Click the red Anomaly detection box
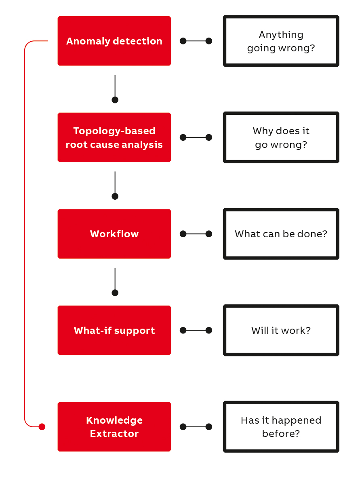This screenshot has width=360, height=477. [114, 41]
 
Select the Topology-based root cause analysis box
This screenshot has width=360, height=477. [114, 137]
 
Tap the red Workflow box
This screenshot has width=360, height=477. [114, 234]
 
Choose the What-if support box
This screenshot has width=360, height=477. [114, 330]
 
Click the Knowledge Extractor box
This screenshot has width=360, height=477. [114, 426]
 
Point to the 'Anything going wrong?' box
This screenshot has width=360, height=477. [281, 41]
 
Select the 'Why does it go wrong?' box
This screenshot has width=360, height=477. [281, 137]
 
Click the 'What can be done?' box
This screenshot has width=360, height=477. [281, 234]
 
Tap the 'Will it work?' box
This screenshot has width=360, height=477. [281, 330]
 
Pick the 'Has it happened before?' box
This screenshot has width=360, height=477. [281, 426]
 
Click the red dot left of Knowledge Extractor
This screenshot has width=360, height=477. [42, 426]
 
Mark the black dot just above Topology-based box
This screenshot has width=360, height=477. [115, 100]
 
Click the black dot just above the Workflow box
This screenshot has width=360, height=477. [115, 196]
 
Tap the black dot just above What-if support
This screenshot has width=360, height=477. [115, 293]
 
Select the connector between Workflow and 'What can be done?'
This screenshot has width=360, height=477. [196, 234]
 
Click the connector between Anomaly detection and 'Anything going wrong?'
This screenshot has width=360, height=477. [196, 41]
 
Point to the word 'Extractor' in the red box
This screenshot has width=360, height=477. [114, 434]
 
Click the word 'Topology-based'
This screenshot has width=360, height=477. [114, 131]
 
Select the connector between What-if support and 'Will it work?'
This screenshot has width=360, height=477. [196, 330]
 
